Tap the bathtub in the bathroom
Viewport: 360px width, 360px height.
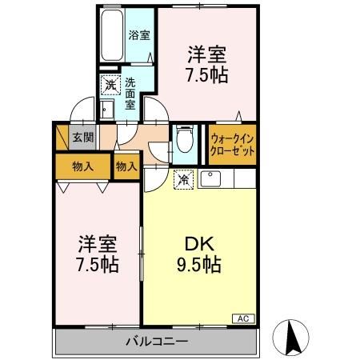[x=112, y=36]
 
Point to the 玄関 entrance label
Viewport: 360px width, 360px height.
[x=83, y=137]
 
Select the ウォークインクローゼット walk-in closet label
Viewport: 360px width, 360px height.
[x=232, y=143]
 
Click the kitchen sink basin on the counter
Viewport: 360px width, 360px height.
[x=213, y=178]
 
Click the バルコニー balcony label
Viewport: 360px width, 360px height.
[x=156, y=342]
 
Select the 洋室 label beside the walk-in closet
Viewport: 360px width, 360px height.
[x=207, y=54]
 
